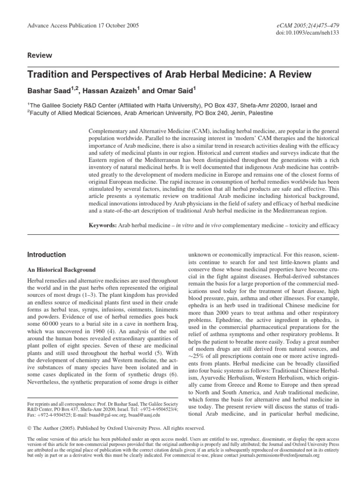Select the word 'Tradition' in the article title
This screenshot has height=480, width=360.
point(51,75)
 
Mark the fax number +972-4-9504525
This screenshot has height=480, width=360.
point(46,415)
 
